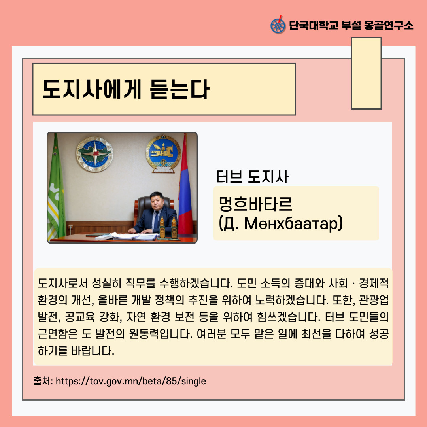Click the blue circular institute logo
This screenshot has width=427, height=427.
coord(278,26)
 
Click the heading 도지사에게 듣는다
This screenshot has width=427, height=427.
coord(126,89)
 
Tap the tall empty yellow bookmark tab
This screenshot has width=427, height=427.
coord(366,73)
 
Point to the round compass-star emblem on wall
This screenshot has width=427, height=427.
coord(94,154)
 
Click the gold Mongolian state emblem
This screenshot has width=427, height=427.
coord(163,153)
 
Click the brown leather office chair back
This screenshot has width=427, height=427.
coord(154,207)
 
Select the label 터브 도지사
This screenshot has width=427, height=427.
coord(252,177)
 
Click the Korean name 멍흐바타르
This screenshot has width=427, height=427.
coord(255,204)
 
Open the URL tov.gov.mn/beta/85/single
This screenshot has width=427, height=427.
coord(131,381)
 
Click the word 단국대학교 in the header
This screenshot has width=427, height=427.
coord(313,25)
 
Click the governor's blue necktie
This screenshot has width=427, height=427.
coord(156,219)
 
